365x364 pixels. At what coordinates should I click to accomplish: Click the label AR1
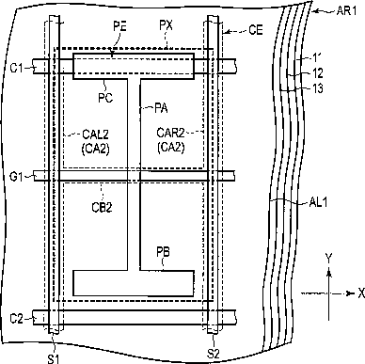[x=346, y=11]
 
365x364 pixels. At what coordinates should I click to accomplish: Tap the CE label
[x=256, y=30]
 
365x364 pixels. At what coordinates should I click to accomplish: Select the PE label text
[x=119, y=26]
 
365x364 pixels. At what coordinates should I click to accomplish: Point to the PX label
[x=166, y=25]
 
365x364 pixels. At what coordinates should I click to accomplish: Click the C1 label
[x=17, y=68]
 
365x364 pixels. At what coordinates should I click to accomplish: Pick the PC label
[x=105, y=98]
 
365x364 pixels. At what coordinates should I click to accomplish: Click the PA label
[x=162, y=108]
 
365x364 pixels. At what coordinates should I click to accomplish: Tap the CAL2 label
[x=95, y=135]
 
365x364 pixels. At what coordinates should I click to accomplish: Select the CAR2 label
[x=170, y=133]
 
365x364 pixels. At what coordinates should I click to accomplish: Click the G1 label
[x=17, y=177]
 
